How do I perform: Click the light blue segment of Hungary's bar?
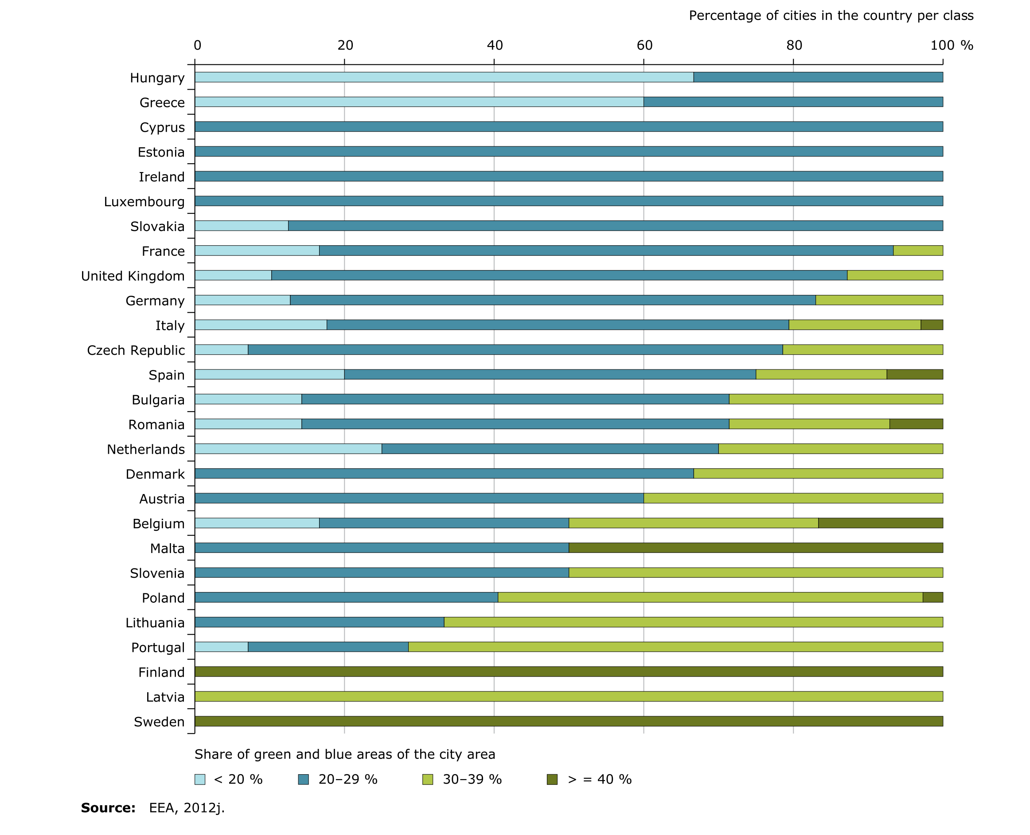coord(444,77)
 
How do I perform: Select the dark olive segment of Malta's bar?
coord(756,547)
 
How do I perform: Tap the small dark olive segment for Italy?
coord(932,325)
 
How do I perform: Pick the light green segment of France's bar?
coord(917,250)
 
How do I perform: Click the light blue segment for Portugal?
coord(221,647)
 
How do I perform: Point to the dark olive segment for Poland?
coord(932,597)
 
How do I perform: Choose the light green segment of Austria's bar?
coord(793,498)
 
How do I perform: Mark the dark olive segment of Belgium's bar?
coord(880,523)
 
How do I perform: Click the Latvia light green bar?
coord(569,696)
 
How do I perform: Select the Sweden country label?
coord(159,721)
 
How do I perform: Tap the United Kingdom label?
coord(133,276)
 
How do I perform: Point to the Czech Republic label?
coord(136,350)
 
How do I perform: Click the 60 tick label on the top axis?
coord(644,45)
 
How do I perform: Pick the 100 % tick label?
coord(951,45)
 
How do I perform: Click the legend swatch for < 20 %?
coord(199,779)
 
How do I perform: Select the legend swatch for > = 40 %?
coord(552,779)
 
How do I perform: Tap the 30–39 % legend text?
coord(472,779)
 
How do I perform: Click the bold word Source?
coord(108,808)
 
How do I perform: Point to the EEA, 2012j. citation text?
coord(187,808)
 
